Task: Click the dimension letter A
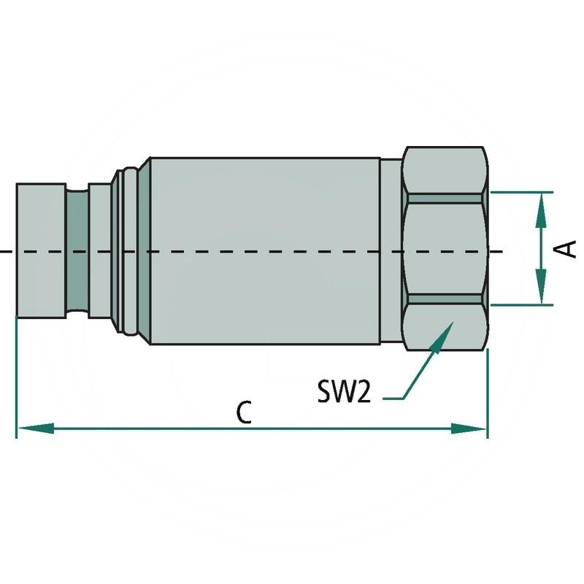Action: [568, 248]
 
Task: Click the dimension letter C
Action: [245, 412]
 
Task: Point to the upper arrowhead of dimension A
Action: [540, 209]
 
